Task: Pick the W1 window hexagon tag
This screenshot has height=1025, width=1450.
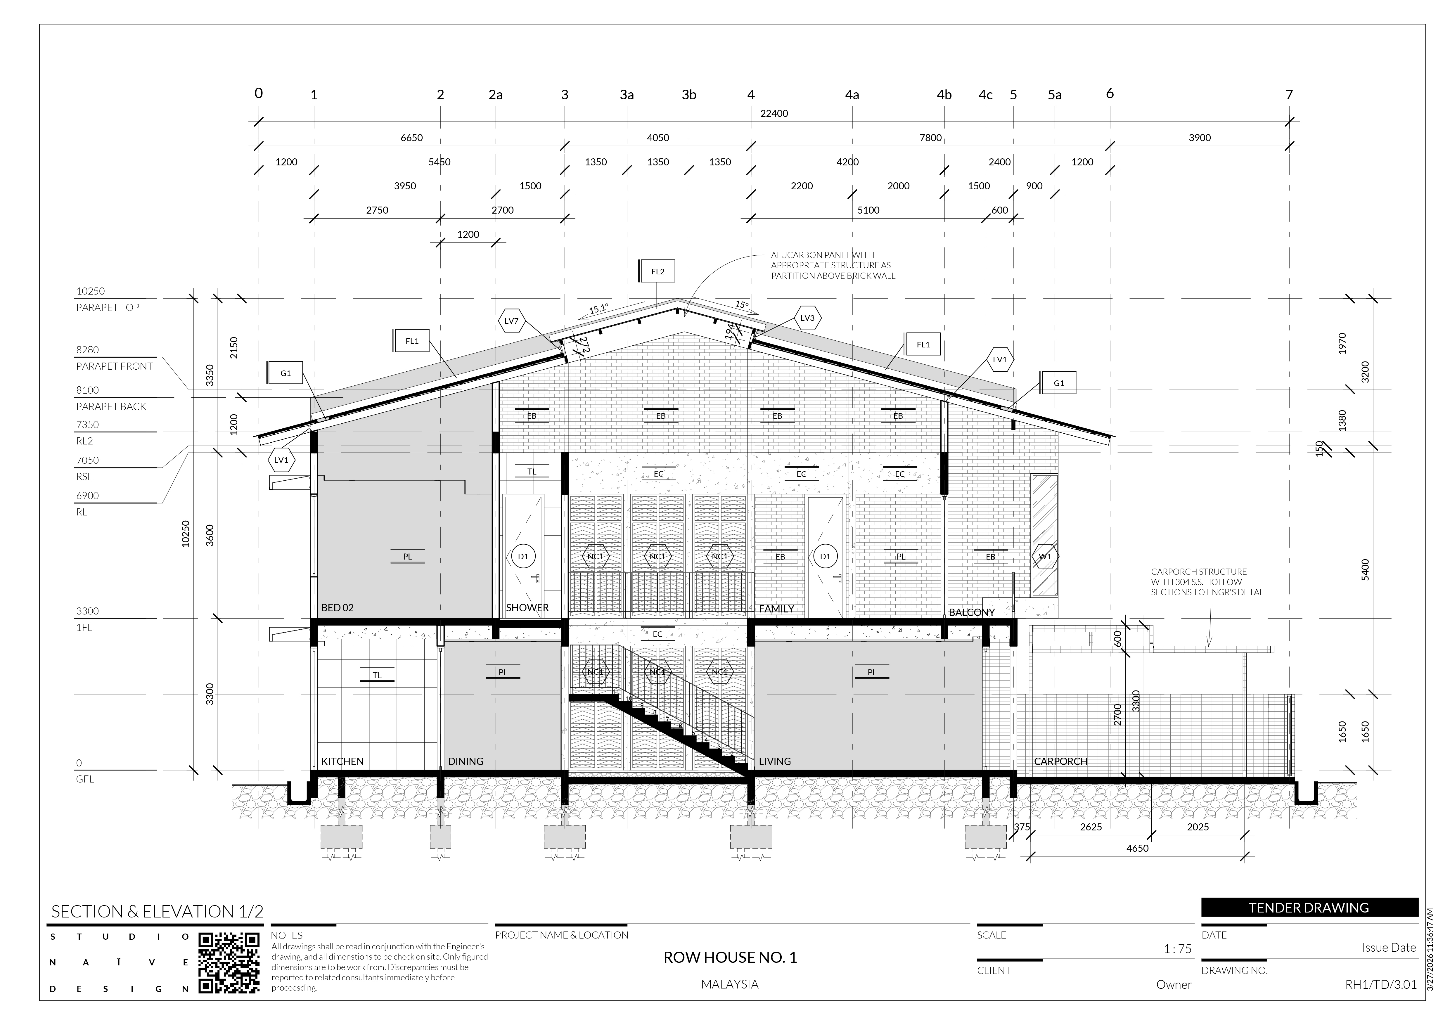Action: tap(1045, 556)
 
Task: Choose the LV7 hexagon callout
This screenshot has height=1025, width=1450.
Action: tap(512, 321)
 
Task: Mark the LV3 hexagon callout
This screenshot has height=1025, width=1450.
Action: tap(807, 318)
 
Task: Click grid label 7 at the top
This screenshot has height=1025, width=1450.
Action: tap(1289, 95)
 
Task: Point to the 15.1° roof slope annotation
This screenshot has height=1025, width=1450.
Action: tap(599, 309)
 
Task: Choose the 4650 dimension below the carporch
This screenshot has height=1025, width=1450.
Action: tap(1137, 848)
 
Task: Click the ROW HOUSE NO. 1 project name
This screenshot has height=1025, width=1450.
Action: tap(730, 958)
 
